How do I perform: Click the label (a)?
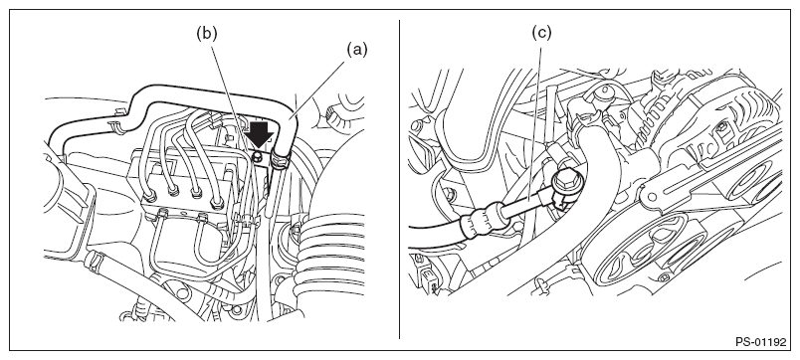click(357, 50)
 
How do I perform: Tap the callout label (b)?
click(207, 33)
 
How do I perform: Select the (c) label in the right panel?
click(541, 33)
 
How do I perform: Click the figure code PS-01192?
click(761, 342)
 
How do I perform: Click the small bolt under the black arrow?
click(259, 154)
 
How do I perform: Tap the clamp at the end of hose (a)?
click(281, 156)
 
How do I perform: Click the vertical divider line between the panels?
click(399, 179)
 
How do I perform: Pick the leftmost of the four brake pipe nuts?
click(151, 196)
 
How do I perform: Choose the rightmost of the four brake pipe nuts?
click(217, 201)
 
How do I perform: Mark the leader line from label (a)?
click(318, 86)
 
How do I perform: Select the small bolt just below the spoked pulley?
click(664, 278)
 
